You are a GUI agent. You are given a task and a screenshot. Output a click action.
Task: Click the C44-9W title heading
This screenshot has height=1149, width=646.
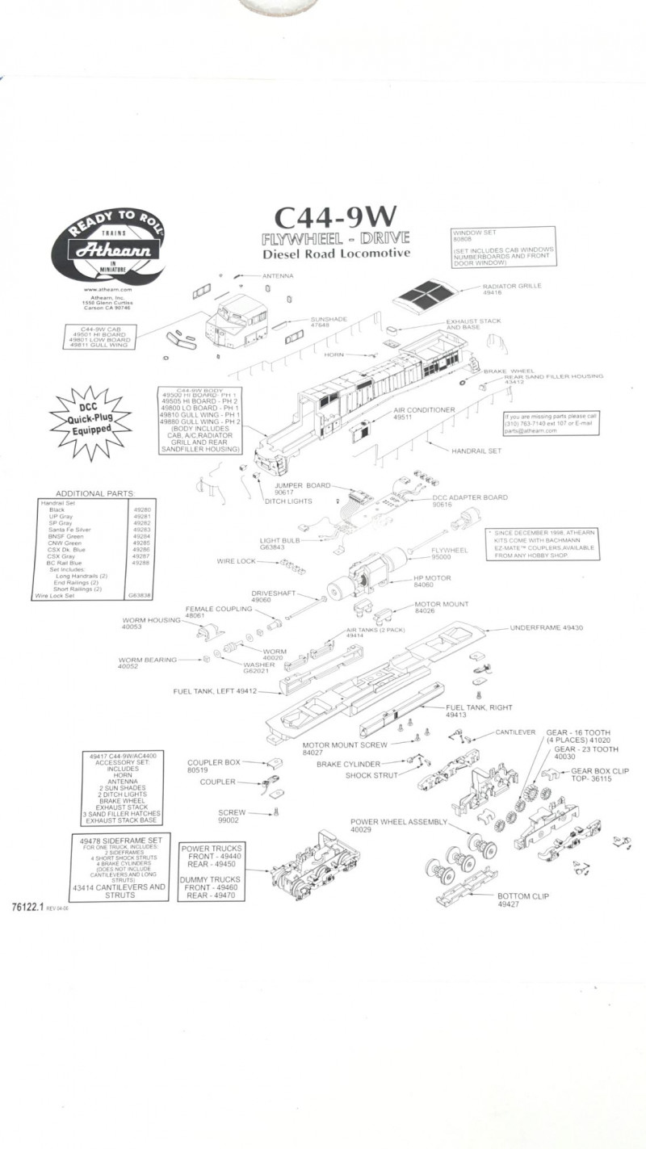(x=335, y=216)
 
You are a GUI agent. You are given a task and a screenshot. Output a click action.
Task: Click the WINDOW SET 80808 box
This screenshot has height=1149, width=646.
(x=503, y=248)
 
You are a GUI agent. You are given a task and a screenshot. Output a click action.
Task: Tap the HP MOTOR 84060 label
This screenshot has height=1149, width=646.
(x=432, y=581)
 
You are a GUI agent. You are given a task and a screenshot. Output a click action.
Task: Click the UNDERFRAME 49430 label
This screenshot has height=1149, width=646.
(x=546, y=627)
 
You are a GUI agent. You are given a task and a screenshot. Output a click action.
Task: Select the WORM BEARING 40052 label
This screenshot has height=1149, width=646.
(x=147, y=663)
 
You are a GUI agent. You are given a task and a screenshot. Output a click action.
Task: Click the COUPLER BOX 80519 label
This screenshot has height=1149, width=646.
(x=214, y=766)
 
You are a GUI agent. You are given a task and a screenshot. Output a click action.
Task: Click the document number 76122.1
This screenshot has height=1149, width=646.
(x=28, y=908)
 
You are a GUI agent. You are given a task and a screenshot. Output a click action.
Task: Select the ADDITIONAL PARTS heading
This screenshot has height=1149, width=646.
(x=94, y=493)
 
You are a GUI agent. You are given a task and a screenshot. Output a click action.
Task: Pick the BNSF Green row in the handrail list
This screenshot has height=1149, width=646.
(x=65, y=536)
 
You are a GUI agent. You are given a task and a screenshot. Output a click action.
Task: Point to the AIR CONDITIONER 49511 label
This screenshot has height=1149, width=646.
(x=424, y=413)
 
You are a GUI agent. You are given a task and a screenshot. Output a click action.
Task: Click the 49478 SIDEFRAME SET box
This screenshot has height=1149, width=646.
(x=120, y=868)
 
